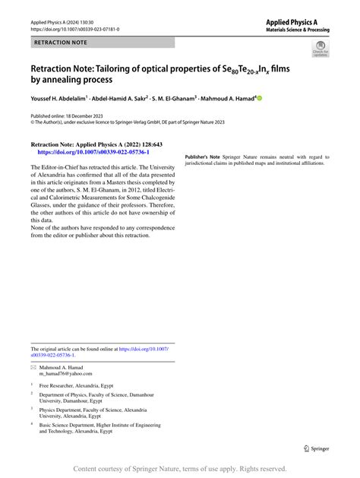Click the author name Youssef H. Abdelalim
(58, 98)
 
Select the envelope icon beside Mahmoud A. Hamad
(33, 367)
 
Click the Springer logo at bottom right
(317, 449)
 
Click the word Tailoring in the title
(130, 70)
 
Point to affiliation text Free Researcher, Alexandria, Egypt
(76, 385)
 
